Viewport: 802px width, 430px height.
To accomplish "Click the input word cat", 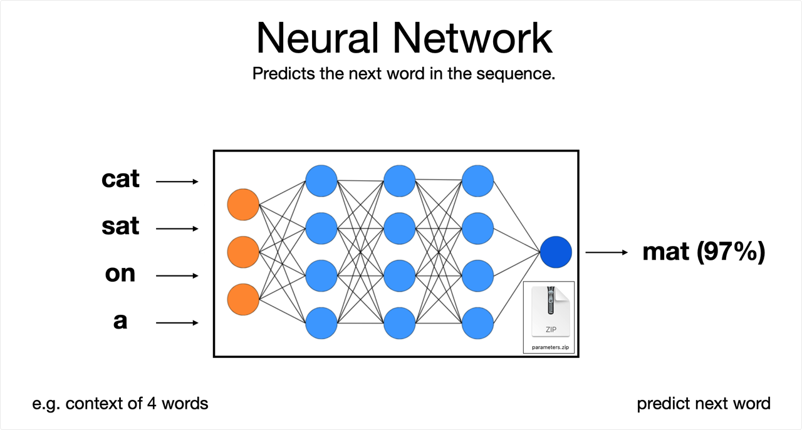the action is (x=120, y=179).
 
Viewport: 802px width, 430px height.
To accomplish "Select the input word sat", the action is (x=120, y=226).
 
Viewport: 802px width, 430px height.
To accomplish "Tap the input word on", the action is (x=120, y=274).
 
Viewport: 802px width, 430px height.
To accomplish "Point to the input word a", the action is (x=120, y=321).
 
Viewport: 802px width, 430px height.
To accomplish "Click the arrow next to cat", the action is (x=177, y=182).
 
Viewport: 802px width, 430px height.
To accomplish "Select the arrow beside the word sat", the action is (x=177, y=228).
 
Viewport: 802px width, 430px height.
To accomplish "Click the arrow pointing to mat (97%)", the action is (x=607, y=253).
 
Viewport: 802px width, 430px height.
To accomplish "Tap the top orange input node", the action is (x=243, y=205).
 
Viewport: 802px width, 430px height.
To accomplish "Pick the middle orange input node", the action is (x=243, y=252).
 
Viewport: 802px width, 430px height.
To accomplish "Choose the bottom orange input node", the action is (x=243, y=299).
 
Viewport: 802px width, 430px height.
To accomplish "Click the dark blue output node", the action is (x=556, y=252).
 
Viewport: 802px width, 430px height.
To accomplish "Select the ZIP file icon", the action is (x=551, y=312).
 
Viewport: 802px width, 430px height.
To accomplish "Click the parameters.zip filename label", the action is (x=550, y=347).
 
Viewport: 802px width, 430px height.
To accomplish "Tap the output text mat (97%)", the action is (x=704, y=252).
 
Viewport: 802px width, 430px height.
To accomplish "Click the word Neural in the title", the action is (x=317, y=38).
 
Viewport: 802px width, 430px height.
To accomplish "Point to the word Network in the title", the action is (x=472, y=38).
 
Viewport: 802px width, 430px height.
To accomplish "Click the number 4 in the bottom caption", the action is (x=152, y=404).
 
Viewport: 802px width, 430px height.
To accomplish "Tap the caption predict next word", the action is (x=704, y=404).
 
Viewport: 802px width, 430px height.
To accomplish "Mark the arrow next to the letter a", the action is (x=177, y=323).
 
